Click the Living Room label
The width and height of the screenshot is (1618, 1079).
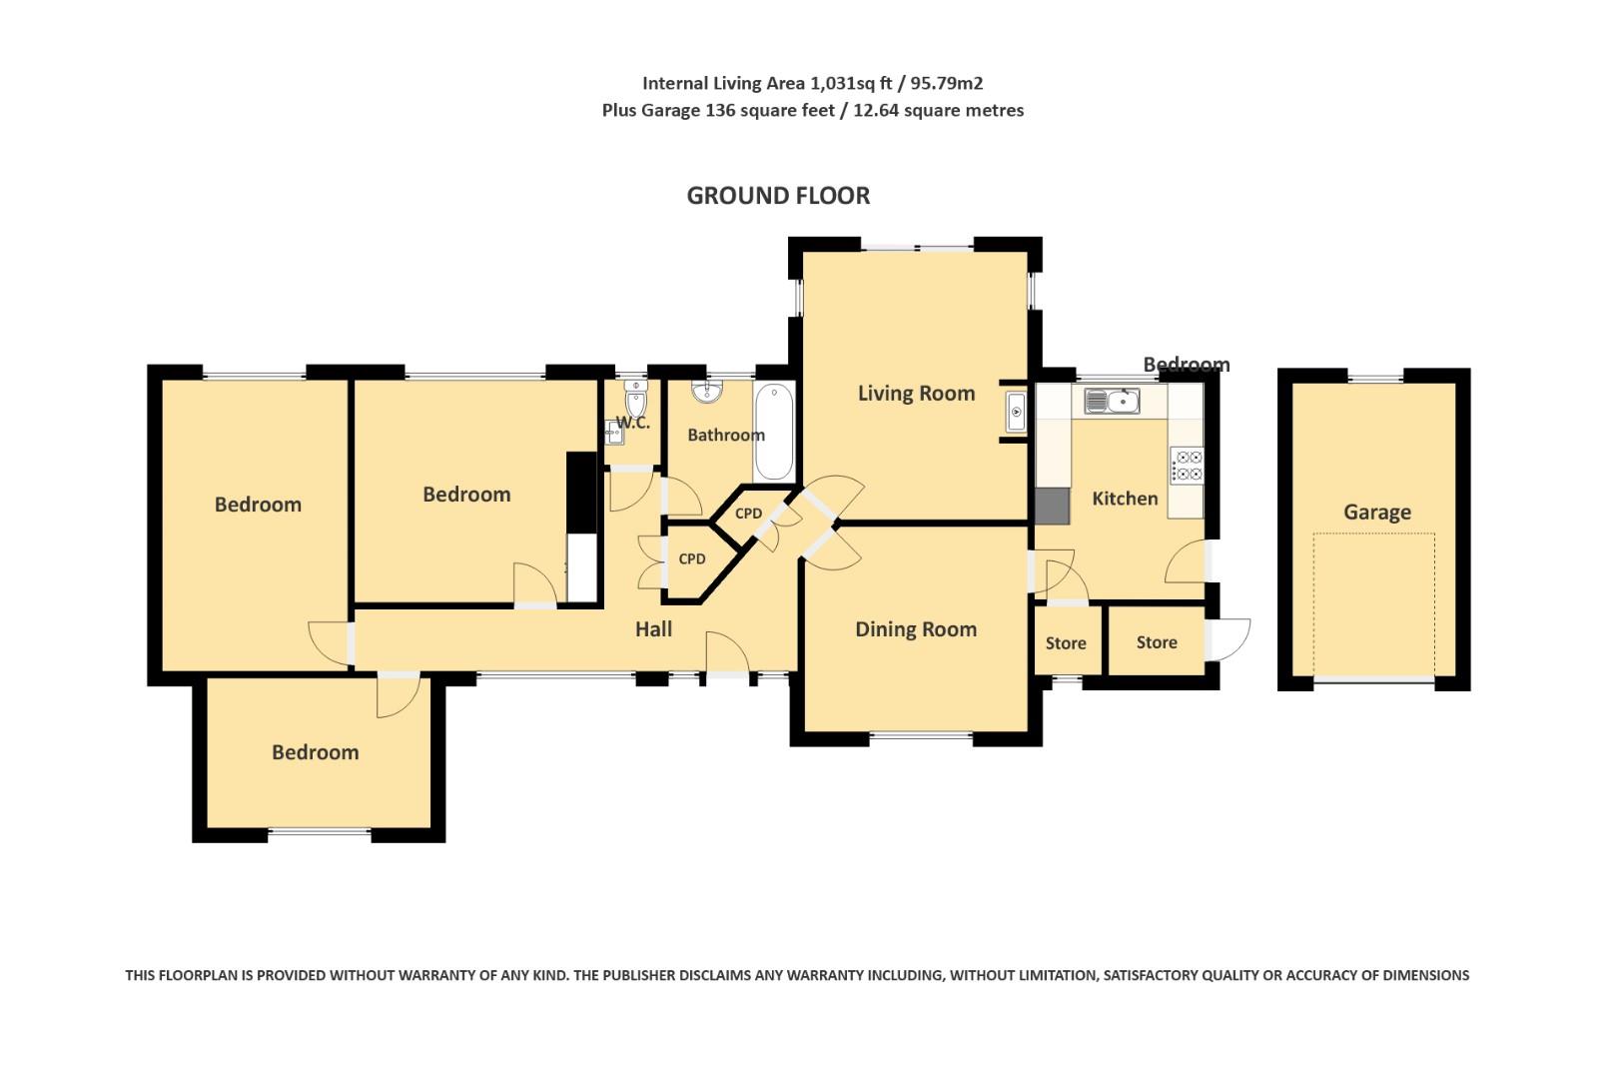pyautogui.click(x=916, y=394)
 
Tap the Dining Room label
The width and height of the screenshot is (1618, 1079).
pyautogui.click(x=916, y=629)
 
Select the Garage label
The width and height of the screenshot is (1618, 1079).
pyautogui.click(x=1376, y=513)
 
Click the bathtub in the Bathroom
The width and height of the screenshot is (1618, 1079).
pyautogui.click(x=774, y=433)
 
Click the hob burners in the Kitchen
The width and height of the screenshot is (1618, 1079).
pyautogui.click(x=1188, y=466)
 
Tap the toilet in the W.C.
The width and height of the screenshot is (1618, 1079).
pyautogui.click(x=635, y=400)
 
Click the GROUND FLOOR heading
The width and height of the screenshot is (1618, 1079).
pyautogui.click(x=778, y=196)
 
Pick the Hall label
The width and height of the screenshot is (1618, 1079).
pyautogui.click(x=653, y=629)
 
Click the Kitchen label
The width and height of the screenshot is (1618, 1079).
pyautogui.click(x=1125, y=499)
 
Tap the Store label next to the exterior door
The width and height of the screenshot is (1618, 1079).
pyautogui.click(x=1156, y=642)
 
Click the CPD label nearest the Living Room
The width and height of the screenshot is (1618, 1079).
pyautogui.click(x=748, y=514)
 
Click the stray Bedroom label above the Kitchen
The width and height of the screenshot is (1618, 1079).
pyautogui.click(x=1186, y=365)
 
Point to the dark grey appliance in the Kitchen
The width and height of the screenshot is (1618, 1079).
pyautogui.click(x=1051, y=506)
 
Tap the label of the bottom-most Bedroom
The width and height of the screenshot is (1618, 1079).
pyautogui.click(x=315, y=752)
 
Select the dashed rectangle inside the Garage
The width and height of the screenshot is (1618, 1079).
pyautogui.click(x=1374, y=604)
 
